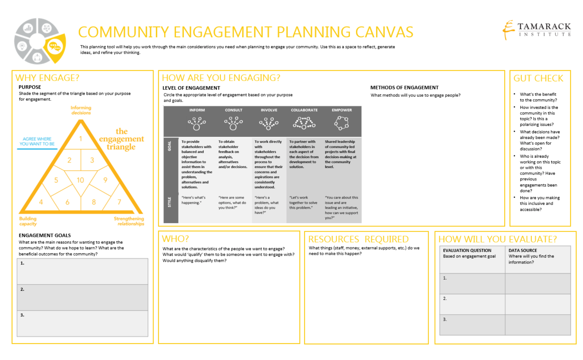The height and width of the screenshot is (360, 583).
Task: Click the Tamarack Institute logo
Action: tap(537, 30)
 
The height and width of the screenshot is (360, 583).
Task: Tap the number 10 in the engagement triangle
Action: tap(80, 180)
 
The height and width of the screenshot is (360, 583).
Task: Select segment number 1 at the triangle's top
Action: tap(80, 139)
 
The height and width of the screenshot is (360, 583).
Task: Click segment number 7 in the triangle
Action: tap(119, 202)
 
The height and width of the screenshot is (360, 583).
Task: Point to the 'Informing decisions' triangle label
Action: tap(81, 110)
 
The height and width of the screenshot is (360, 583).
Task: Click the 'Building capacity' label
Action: tap(28, 221)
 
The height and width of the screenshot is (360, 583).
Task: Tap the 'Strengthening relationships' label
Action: tap(129, 221)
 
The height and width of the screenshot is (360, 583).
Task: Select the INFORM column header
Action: tap(197, 110)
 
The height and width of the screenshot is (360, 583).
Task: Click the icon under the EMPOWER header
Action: tap(342, 123)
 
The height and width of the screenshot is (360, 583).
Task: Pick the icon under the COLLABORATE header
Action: tap(304, 123)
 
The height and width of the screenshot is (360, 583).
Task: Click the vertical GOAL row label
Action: tap(170, 146)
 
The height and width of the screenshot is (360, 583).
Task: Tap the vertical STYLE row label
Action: tap(170, 202)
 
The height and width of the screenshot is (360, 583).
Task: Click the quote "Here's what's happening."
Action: tap(193, 200)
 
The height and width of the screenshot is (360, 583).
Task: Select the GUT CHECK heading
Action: tap(538, 78)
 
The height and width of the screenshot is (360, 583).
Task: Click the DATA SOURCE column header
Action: tap(523, 251)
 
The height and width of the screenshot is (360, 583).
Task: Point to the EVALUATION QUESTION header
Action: tap(467, 251)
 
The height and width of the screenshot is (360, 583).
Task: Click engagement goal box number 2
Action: tap(82, 298)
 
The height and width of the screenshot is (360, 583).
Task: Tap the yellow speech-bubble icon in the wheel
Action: tap(55, 47)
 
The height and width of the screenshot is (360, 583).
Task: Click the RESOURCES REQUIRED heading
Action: tap(358, 239)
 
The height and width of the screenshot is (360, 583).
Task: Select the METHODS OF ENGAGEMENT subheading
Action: tap(404, 88)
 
